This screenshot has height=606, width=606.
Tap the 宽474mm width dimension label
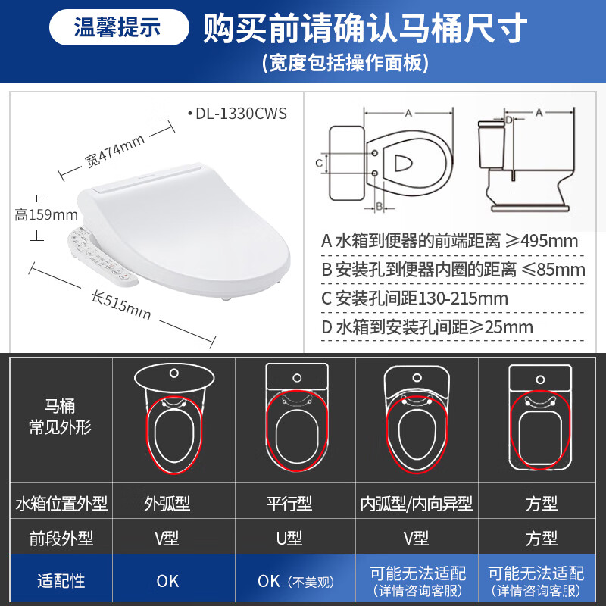(x=114, y=151)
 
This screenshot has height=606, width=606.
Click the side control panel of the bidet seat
(x=102, y=255)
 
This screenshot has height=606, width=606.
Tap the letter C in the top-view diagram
(x=320, y=162)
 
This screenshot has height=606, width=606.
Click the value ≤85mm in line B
(x=549, y=270)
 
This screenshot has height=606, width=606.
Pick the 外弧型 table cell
(x=167, y=504)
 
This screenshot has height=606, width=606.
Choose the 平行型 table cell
(x=289, y=504)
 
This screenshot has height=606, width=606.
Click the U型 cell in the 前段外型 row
(x=289, y=539)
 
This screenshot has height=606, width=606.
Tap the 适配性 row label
(x=61, y=581)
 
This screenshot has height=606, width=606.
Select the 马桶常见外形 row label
(x=61, y=417)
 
